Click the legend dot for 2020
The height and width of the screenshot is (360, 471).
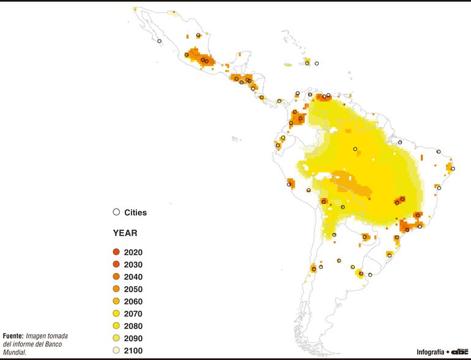pos(116,252)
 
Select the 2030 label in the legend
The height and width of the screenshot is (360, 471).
pos(133,265)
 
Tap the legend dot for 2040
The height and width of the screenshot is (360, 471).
pos(116,277)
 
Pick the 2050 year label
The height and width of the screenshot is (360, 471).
pos(133,289)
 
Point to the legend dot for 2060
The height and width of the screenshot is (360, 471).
pos(116,301)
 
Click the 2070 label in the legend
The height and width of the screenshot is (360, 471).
pos(133,314)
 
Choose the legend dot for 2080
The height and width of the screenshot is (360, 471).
pos(116,326)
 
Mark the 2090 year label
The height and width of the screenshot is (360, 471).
pos(133,338)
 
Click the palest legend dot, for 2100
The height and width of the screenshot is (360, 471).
pos(116,350)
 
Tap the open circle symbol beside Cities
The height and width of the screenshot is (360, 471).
pos(116,212)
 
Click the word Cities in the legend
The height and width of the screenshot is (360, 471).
pos(135,213)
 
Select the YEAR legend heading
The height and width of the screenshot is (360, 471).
pos(125,233)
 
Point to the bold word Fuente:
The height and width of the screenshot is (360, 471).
pos(13,336)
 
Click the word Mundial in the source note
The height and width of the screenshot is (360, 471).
pos(14,352)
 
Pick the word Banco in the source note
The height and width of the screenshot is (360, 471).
pos(59,344)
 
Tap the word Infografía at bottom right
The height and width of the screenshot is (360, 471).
pos(431,352)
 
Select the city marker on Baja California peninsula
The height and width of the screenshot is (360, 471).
pos(160,41)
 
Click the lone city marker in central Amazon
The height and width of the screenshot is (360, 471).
pos(355,149)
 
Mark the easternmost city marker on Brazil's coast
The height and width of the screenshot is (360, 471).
pos(453,169)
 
